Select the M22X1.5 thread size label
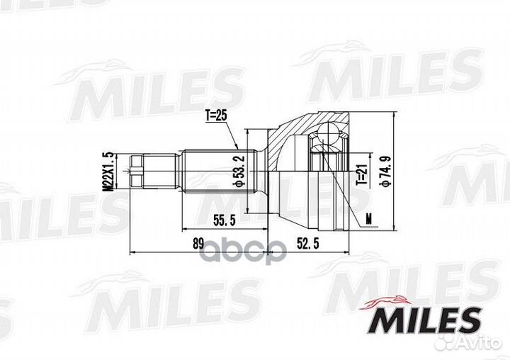click(108, 171)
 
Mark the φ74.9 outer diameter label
click(385, 171)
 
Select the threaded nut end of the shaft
click(138, 171)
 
